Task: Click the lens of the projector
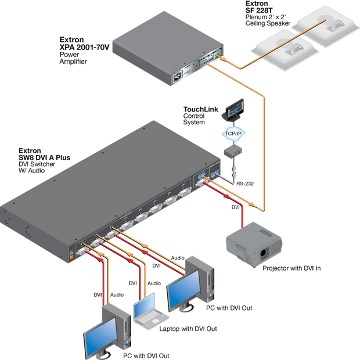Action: click(265, 253)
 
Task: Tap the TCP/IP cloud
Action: click(232, 133)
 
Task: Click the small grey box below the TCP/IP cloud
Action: click(232, 152)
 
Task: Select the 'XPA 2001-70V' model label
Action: click(85, 46)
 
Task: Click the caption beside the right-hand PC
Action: click(230, 307)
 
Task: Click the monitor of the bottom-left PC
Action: click(96, 344)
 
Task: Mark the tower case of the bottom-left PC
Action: click(118, 325)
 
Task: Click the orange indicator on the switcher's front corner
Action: click(72, 253)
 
